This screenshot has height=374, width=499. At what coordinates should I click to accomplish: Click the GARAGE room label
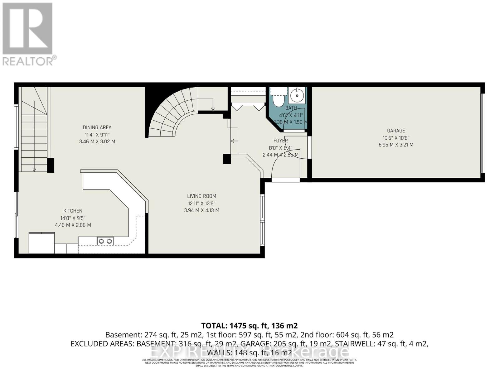[396, 131]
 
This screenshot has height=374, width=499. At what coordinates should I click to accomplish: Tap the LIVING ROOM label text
[201, 196]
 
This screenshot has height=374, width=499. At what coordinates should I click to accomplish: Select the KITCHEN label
[73, 211]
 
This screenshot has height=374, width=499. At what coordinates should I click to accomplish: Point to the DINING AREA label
[97, 127]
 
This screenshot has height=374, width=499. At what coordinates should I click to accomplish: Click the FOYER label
[281, 141]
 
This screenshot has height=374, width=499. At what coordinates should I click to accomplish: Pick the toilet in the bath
[277, 99]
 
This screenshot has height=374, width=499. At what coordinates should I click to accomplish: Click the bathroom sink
[297, 95]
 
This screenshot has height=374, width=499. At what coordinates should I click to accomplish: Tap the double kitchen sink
[105, 241]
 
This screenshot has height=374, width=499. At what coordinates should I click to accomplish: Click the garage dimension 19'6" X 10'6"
[396, 138]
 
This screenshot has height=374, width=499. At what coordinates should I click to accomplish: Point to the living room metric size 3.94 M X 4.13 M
[201, 210]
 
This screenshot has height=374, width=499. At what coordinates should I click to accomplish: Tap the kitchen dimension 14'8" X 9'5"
[73, 218]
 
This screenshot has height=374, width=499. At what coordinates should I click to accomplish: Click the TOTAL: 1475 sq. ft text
[249, 326]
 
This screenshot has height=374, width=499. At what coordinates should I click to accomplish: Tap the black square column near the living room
[227, 159]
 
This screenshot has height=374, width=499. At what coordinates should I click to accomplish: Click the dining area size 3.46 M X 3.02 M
[97, 141]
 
